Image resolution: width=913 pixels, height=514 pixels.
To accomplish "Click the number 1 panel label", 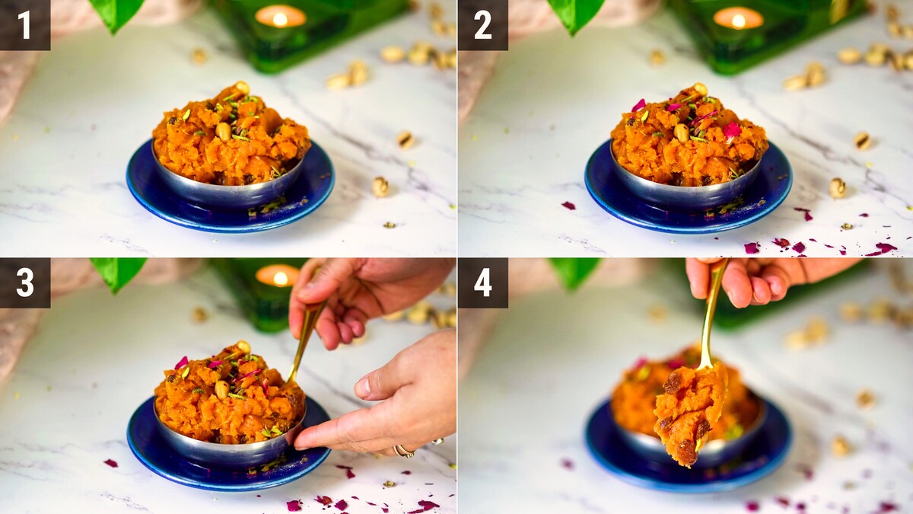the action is click(x=25, y=25).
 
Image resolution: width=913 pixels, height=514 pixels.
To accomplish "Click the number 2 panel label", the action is click(x=483, y=25).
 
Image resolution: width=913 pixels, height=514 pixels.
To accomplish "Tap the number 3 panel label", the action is click(x=25, y=283).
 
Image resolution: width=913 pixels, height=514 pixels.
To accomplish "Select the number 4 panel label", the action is click(x=483, y=283).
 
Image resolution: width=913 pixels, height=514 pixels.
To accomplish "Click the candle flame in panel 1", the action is click(x=280, y=19).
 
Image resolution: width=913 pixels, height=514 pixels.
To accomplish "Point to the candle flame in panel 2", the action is click(x=738, y=21).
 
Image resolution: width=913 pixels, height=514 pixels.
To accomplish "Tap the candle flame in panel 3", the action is click(x=280, y=278).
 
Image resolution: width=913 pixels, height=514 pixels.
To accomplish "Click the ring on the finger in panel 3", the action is click(x=404, y=450).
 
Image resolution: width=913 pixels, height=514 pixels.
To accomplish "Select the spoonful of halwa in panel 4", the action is click(x=689, y=412).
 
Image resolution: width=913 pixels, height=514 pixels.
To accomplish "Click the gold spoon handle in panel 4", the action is click(x=712, y=314).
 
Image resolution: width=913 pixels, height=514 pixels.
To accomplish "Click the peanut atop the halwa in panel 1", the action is click(x=243, y=87).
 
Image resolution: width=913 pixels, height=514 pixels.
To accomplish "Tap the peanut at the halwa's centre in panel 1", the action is click(x=224, y=131).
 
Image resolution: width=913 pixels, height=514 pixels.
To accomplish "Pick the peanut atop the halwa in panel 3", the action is click(x=243, y=346).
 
